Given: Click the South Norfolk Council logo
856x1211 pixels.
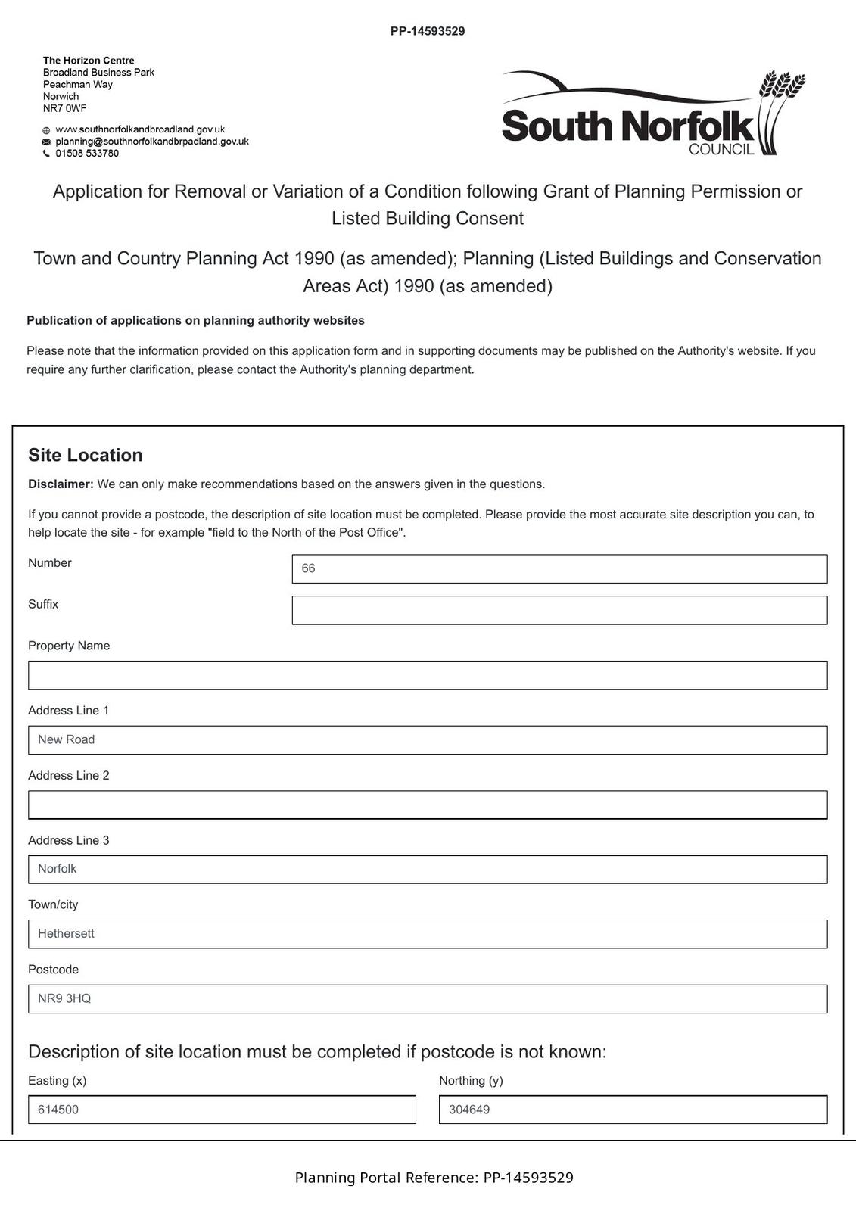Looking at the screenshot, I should (x=653, y=114).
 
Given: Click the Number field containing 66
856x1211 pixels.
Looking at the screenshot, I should (x=559, y=568).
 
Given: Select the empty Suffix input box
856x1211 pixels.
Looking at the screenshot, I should (x=559, y=610).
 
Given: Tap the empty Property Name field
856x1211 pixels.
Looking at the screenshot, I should (x=428, y=675).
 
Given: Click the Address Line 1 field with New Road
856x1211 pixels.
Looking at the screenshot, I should (x=428, y=739).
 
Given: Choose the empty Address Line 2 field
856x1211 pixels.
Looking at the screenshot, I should (x=428, y=805).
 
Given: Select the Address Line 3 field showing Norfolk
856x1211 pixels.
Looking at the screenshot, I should (x=428, y=869).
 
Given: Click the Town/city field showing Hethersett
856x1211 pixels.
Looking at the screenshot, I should (x=428, y=934).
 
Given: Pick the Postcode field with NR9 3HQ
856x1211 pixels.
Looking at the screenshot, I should (x=428, y=998).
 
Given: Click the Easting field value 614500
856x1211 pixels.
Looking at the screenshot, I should (x=222, y=1110).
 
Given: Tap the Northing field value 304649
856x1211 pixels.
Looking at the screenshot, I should (x=633, y=1110).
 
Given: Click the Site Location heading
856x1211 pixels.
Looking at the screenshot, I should (x=86, y=455).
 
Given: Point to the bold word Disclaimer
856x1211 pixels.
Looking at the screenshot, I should (x=61, y=484).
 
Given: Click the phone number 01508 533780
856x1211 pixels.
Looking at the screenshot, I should (x=87, y=154).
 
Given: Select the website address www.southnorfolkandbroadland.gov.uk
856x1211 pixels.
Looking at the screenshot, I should (x=140, y=129).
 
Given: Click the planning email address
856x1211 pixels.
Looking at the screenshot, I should (x=152, y=142).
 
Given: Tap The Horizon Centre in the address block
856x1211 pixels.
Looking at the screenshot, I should (x=89, y=61).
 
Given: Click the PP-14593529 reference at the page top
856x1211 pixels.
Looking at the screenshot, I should (x=428, y=31).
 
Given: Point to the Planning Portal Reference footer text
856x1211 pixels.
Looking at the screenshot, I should (x=434, y=1178).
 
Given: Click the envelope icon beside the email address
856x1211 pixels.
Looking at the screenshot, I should (x=46, y=142).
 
